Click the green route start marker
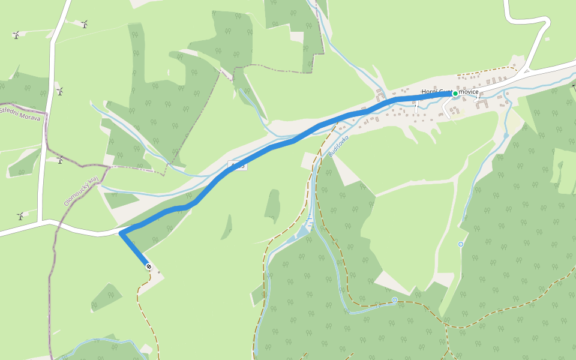click(455, 94)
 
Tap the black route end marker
click(148, 266)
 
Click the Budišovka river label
click(338, 146)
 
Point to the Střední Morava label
click(20, 114)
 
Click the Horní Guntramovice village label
click(450, 92)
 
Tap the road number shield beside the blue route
click(237, 165)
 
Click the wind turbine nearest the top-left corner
click(16, 35)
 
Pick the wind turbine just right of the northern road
click(84, 24)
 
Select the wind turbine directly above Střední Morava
click(59, 91)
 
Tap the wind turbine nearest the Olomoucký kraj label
click(59, 160)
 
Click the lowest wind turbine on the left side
click(20, 215)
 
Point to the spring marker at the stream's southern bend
click(394, 299)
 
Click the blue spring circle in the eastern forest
click(460, 244)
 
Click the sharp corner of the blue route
click(121, 233)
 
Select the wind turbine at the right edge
click(574, 88)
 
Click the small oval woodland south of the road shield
click(273, 206)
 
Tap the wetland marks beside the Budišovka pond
click(311, 225)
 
